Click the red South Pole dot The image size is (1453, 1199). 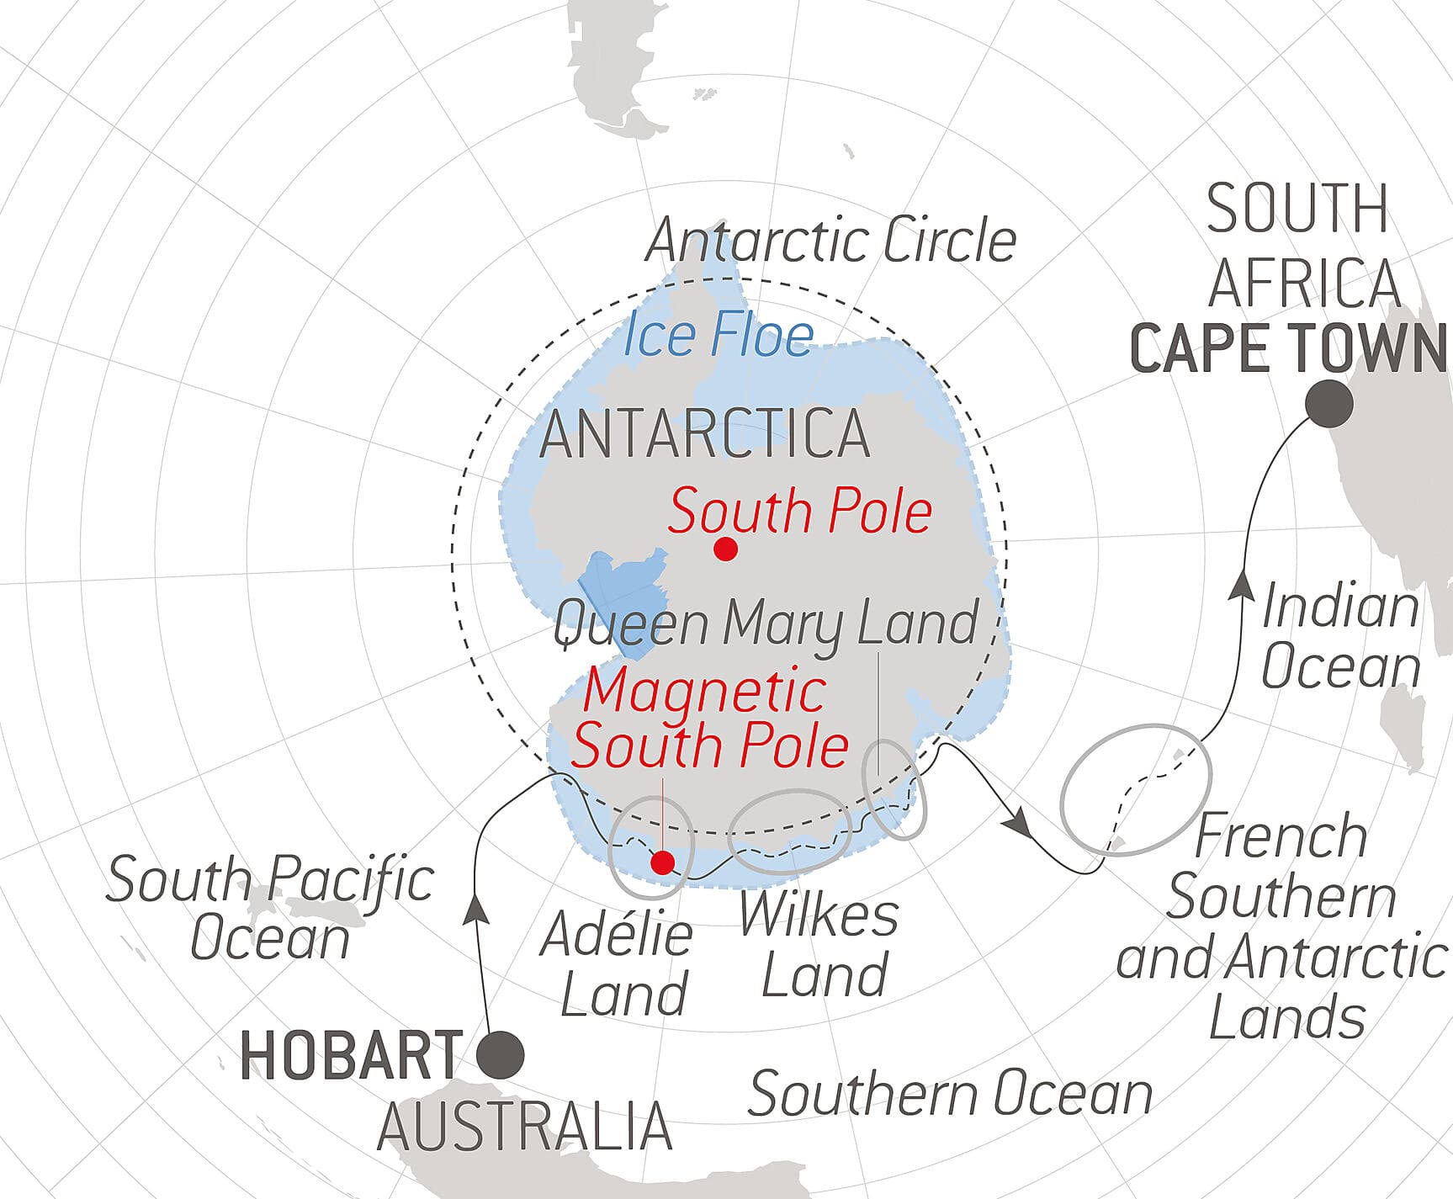[725, 550]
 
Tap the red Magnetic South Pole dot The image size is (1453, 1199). [663, 862]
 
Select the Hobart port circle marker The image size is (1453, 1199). [501, 1054]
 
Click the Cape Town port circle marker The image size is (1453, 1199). [1329, 404]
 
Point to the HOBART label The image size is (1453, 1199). [352, 1055]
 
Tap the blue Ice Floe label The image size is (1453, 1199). [719, 336]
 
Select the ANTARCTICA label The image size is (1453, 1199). [705, 435]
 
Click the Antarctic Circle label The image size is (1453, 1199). [831, 241]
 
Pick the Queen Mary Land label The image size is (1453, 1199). [766, 624]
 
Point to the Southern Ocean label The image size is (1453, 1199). [950, 1094]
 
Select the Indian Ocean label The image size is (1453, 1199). [1340, 637]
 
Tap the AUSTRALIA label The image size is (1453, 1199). [524, 1127]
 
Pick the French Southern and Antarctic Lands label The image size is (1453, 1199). [1281, 926]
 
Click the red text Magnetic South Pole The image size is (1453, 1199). [708, 718]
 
